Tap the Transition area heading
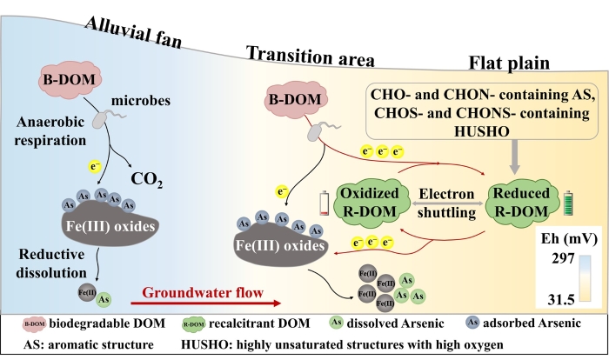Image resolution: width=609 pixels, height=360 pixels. pyautogui.click(x=311, y=58)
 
